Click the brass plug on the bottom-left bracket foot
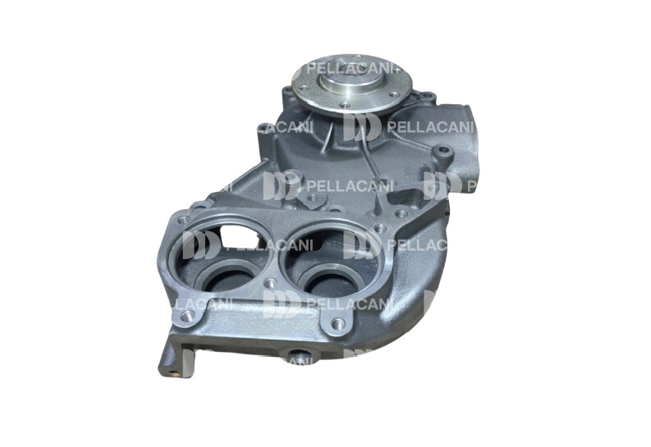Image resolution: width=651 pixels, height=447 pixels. [177, 372]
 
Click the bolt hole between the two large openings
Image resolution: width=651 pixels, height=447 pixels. [271, 283]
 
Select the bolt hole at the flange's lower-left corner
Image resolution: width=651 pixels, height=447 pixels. [188, 317]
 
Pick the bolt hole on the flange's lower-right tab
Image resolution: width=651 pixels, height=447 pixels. [337, 322]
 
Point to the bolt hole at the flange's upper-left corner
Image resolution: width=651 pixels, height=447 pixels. [184, 219]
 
